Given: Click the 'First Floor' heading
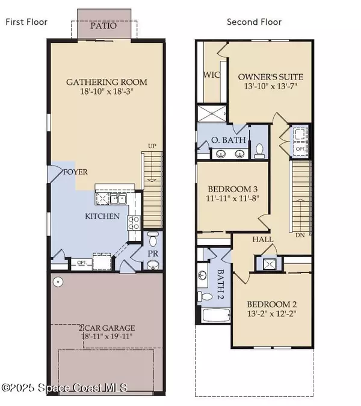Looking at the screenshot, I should click(26, 22).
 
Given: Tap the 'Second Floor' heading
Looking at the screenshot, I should click(253, 22).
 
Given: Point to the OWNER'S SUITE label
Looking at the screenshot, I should click(270, 77).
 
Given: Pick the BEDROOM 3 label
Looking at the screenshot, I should click(233, 187).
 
